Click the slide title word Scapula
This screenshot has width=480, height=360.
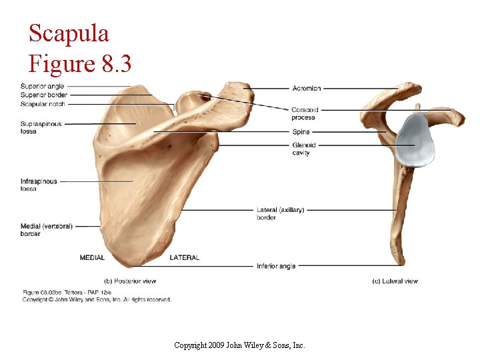[x=69, y=33]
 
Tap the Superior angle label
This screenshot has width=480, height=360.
[x=43, y=87]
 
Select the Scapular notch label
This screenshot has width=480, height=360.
[x=43, y=104]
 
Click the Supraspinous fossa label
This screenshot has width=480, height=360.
[x=41, y=127]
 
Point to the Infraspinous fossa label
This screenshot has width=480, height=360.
[x=39, y=185]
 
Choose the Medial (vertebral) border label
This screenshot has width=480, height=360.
[x=46, y=230]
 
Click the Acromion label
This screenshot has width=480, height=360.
[x=306, y=88]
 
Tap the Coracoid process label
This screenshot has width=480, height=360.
[x=304, y=113]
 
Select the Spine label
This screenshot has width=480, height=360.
[x=301, y=132]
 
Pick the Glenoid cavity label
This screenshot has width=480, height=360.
[x=303, y=149]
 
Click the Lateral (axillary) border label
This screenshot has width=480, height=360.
[x=280, y=213]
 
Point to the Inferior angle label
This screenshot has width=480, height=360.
[x=276, y=266]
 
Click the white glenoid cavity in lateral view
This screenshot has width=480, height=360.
[x=415, y=141]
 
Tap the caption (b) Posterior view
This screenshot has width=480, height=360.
[x=131, y=281]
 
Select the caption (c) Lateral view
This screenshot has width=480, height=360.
[x=395, y=281]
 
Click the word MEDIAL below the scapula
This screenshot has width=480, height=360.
[x=92, y=257]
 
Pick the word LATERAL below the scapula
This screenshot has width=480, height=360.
[x=184, y=257]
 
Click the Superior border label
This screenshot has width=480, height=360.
[x=43, y=95]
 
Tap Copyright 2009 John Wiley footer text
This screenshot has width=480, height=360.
[x=239, y=345]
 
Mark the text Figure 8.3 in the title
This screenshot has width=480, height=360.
[x=80, y=65]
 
